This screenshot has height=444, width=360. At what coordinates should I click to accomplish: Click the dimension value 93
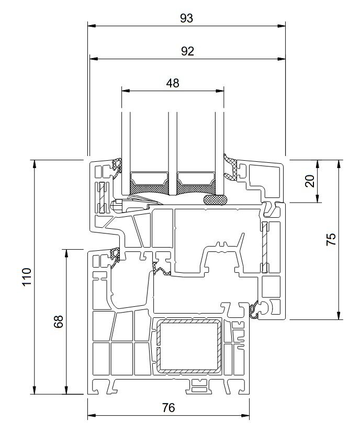(186, 18)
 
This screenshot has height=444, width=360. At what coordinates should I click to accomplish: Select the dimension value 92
(187, 51)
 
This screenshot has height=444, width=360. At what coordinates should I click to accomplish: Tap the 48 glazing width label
(173, 83)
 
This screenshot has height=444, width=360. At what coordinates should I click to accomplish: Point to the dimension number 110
(27, 276)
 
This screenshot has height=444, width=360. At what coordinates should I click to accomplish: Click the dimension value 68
(59, 321)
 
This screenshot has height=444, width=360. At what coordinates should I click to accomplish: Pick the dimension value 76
(168, 408)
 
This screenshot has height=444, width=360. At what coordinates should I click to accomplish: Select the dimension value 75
(331, 239)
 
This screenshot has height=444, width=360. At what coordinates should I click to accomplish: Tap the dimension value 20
(310, 181)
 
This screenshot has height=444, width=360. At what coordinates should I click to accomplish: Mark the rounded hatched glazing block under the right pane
(215, 199)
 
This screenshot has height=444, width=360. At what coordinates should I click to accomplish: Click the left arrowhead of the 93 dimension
(92, 26)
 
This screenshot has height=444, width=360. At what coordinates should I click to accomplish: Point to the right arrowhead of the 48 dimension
(220, 91)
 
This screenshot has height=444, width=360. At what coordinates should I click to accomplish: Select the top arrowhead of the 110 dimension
(35, 164)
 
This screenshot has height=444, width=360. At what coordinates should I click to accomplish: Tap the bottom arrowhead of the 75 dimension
(339, 315)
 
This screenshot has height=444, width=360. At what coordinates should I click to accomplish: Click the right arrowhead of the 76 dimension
(245, 416)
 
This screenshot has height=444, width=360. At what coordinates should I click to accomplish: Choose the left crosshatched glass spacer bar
(149, 183)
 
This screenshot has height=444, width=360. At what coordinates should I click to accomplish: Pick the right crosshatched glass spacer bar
(196, 183)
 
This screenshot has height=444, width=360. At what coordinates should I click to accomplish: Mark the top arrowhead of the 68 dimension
(66, 253)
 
